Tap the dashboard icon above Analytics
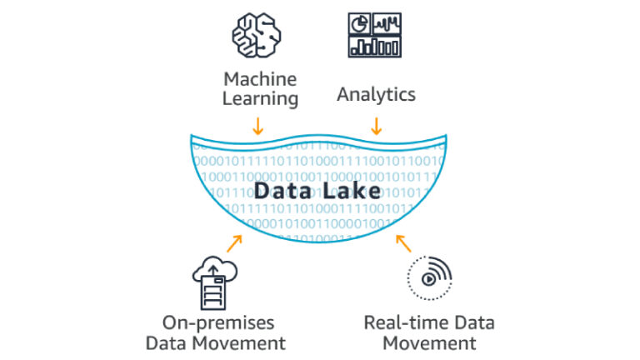tap(375, 34)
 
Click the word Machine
tap(260, 79)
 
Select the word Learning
tap(260, 99)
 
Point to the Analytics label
tap(376, 94)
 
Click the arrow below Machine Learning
tap(258, 126)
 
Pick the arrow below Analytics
tap(376, 126)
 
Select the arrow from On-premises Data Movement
tap(234, 243)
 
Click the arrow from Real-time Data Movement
tap(403, 243)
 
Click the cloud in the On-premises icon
tap(215, 268)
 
